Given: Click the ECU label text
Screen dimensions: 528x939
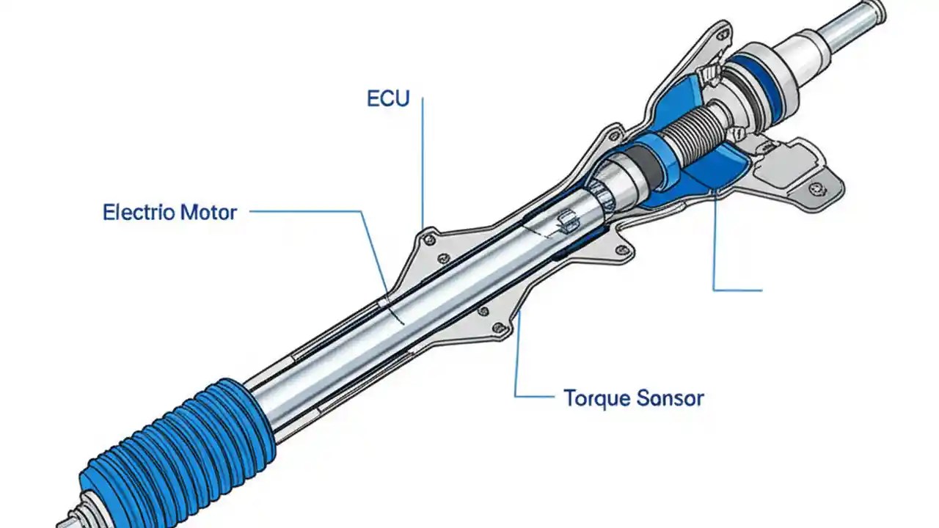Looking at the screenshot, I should click(387, 99).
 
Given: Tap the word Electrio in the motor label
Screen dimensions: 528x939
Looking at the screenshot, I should click(139, 213).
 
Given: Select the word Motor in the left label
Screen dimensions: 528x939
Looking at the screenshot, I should click(208, 213).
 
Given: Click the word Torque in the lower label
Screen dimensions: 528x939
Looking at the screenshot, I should click(596, 398).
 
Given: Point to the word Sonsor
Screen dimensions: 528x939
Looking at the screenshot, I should click(669, 398).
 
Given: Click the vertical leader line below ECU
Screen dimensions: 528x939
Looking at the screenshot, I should click(423, 161).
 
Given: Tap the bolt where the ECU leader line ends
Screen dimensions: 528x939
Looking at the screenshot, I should click(430, 238).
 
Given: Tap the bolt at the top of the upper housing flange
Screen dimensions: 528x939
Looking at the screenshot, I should click(722, 34).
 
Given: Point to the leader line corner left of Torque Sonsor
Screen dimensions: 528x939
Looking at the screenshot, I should click(516, 397).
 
